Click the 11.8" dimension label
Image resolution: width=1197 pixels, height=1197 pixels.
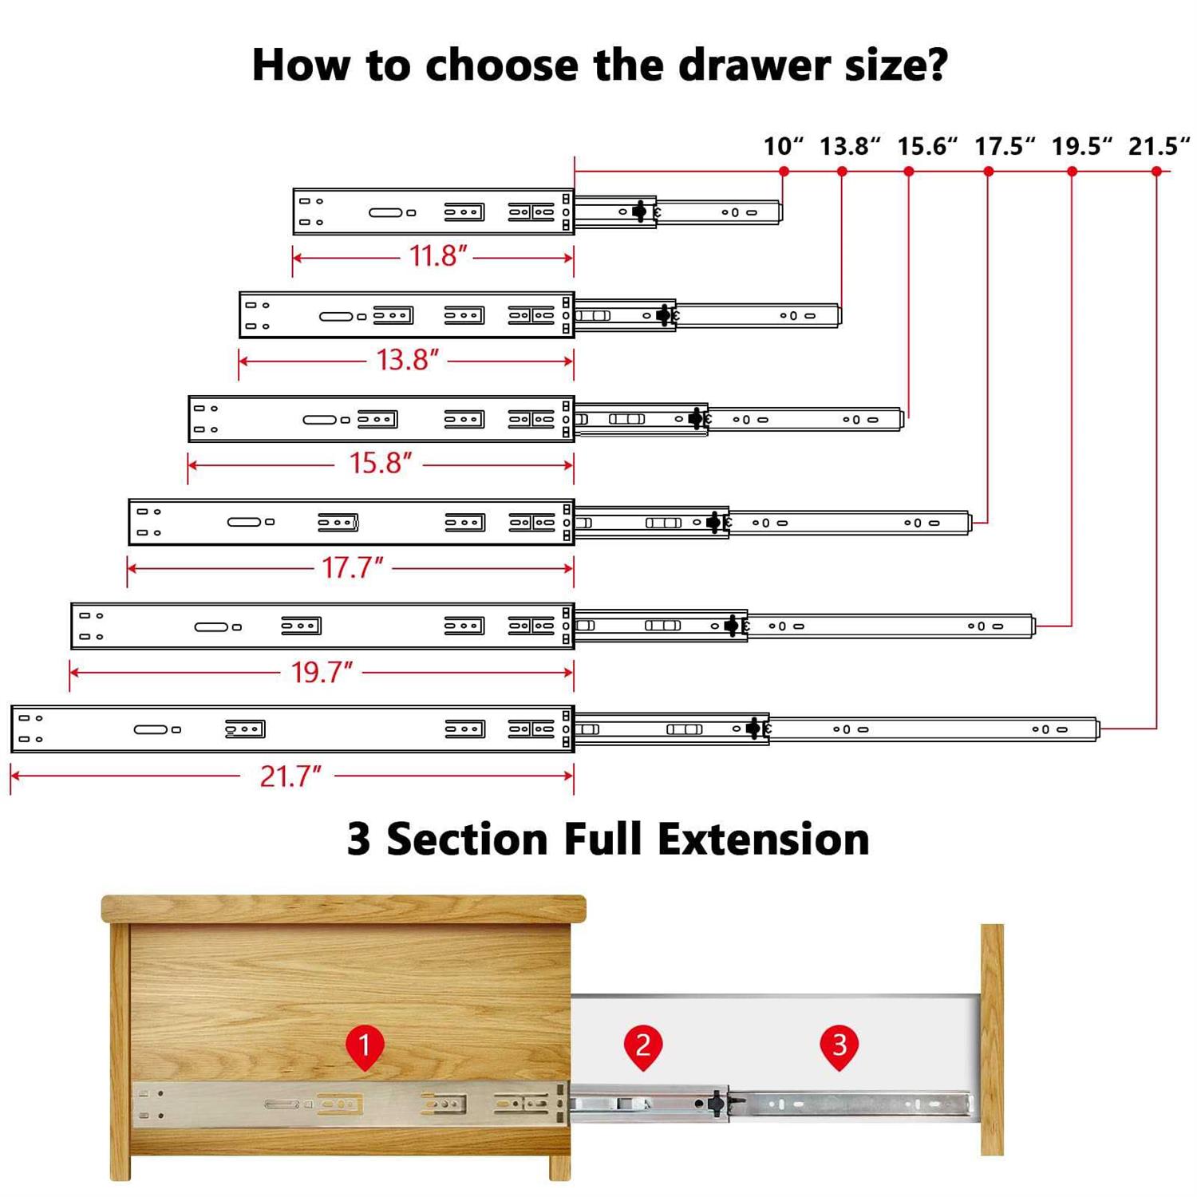[x=437, y=256]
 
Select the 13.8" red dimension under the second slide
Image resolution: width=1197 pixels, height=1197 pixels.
[x=407, y=360]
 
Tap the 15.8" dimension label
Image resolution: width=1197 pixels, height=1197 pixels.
[x=380, y=463]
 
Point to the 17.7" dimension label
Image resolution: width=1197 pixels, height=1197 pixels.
[x=352, y=567]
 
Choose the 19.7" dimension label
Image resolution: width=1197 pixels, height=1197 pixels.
[x=321, y=672]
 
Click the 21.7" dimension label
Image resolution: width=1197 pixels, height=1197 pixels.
[x=290, y=776]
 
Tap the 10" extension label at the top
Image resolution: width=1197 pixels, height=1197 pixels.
[x=783, y=146]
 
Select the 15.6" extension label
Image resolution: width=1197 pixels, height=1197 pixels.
[x=926, y=146]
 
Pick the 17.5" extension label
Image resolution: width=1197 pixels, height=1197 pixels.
[x=1004, y=146]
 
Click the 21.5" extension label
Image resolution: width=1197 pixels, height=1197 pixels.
[x=1158, y=146]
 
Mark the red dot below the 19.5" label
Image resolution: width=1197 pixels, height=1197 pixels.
[x=1072, y=172]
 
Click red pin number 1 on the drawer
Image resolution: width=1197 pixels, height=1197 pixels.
[x=365, y=1045]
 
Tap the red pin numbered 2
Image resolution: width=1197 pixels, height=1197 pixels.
[x=643, y=1045]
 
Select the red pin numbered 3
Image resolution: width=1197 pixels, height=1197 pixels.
[x=839, y=1045]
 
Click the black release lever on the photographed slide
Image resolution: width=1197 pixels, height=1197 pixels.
[x=716, y=1104]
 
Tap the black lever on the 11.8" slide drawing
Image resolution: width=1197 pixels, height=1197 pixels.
[x=639, y=211]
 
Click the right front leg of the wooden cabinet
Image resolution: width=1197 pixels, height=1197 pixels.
[x=560, y=1167]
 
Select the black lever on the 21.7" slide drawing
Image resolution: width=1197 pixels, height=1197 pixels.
[x=753, y=728]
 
